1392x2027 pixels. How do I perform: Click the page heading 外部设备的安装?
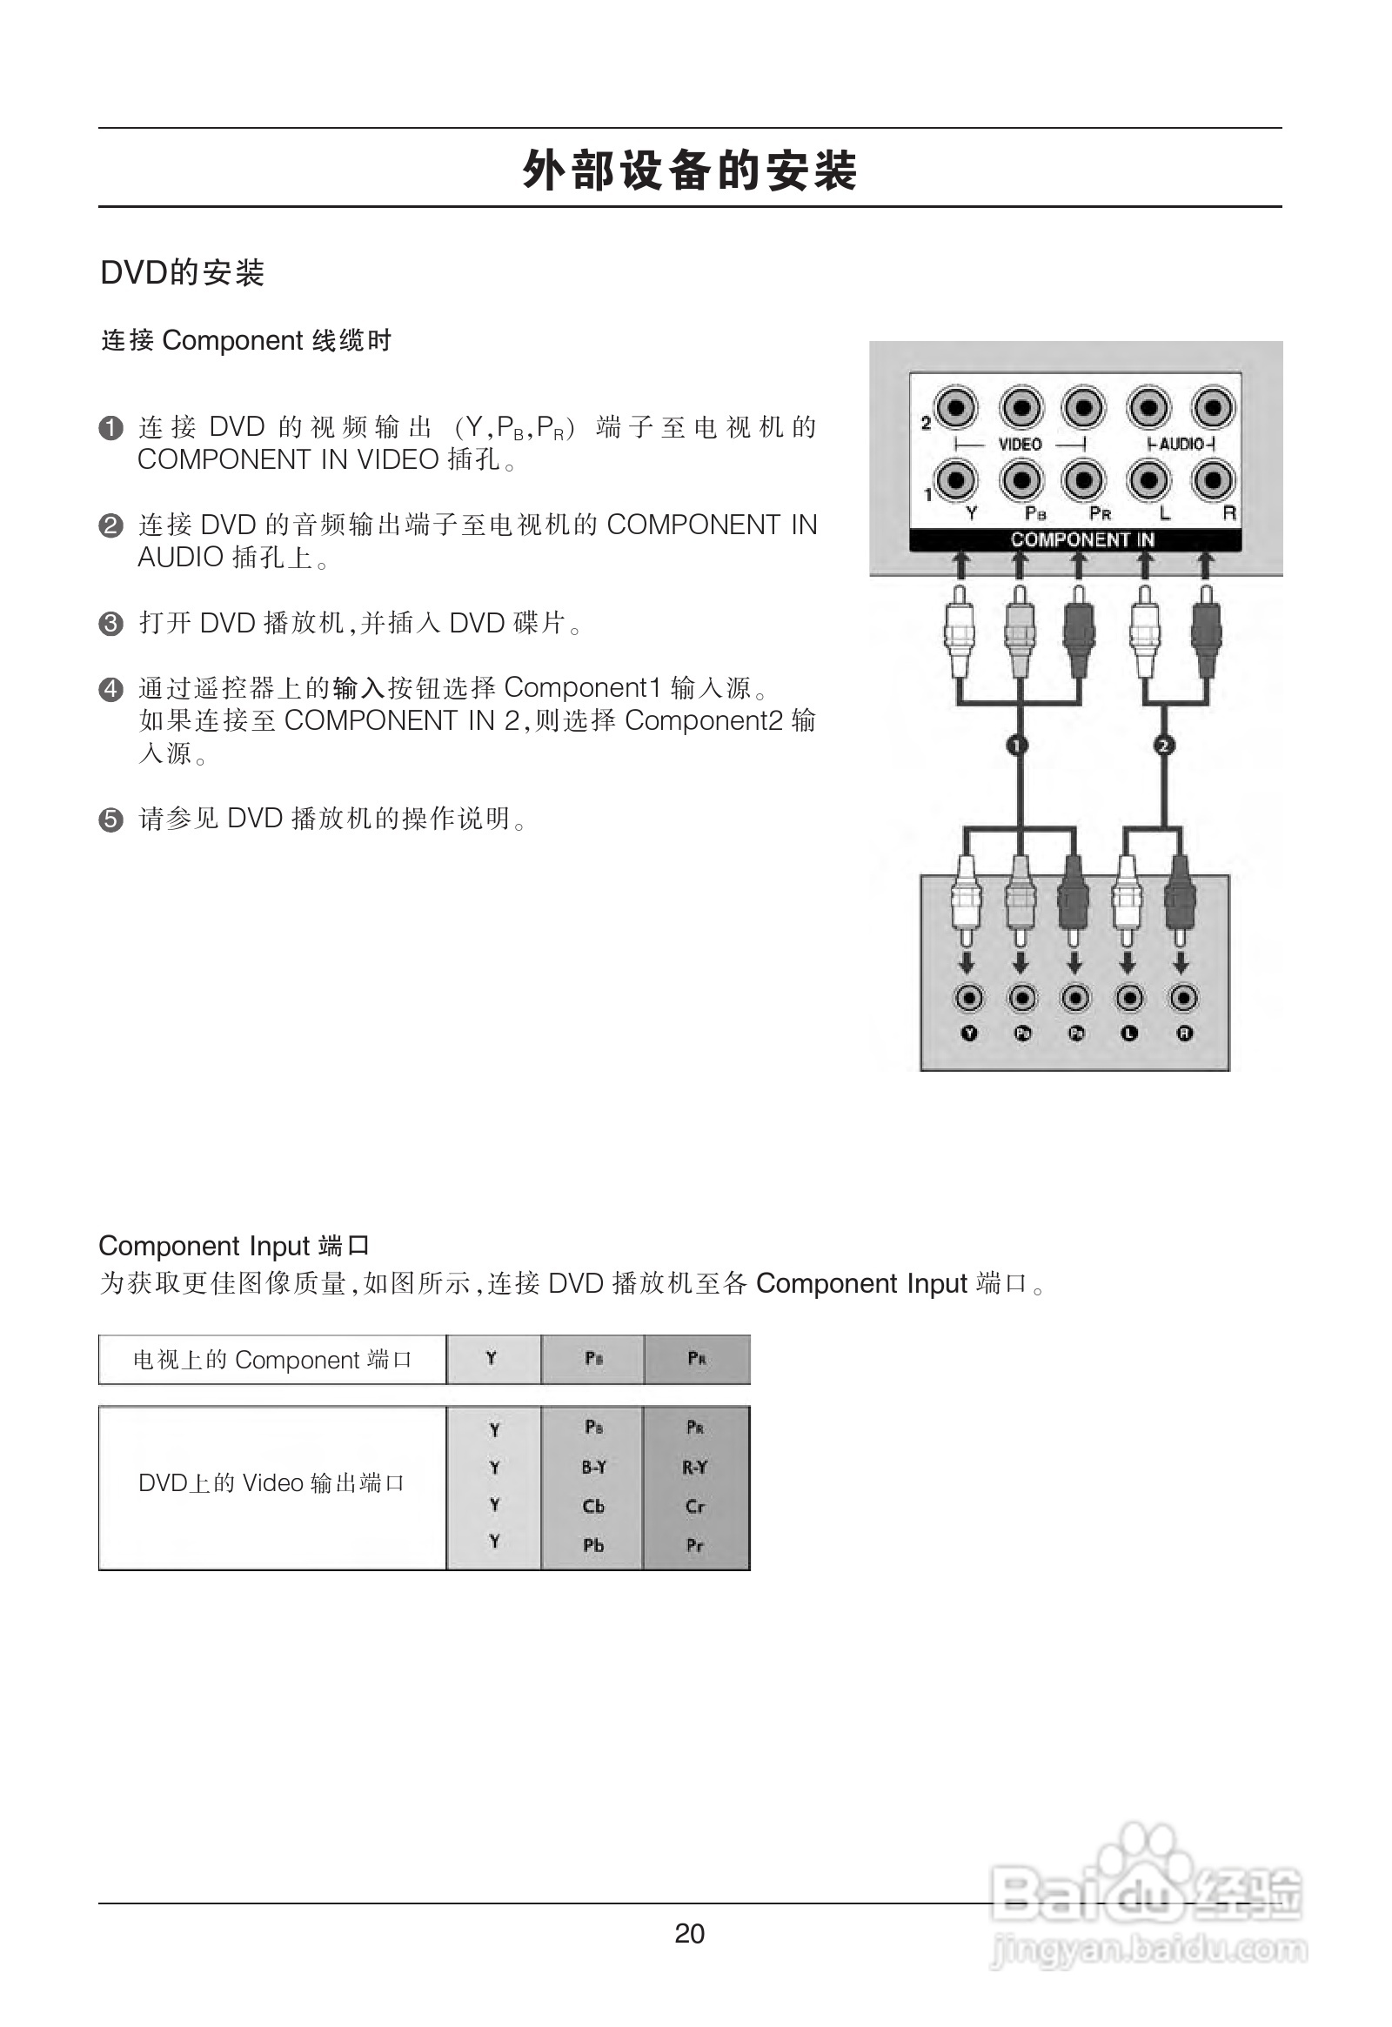pyautogui.click(x=690, y=171)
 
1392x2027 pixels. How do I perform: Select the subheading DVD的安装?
pyautogui.click(x=182, y=273)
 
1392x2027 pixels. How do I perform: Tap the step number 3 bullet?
pyautogui.click(x=110, y=624)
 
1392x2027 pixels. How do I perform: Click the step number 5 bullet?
pyautogui.click(x=110, y=819)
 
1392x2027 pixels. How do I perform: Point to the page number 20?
pyautogui.click(x=689, y=1934)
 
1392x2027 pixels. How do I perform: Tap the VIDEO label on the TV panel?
pyautogui.click(x=1020, y=444)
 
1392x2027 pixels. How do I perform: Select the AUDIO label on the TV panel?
pyautogui.click(x=1181, y=444)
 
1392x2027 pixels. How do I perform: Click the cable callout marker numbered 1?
pyautogui.click(x=1017, y=745)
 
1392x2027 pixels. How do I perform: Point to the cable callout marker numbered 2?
pyautogui.click(x=1164, y=745)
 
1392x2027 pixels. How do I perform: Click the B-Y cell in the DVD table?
pyautogui.click(x=593, y=1467)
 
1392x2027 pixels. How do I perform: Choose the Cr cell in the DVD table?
pyautogui.click(x=695, y=1506)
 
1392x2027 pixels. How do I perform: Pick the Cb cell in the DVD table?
pyautogui.click(x=593, y=1506)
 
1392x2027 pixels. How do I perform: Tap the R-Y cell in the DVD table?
pyautogui.click(x=695, y=1467)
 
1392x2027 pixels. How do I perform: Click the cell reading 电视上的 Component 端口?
pyautogui.click(x=272, y=1360)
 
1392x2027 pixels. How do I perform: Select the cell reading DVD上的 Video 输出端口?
pyautogui.click(x=272, y=1482)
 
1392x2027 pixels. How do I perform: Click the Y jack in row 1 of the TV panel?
pyautogui.click(x=957, y=479)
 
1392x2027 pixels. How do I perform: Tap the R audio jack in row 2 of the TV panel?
pyautogui.click(x=1213, y=407)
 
